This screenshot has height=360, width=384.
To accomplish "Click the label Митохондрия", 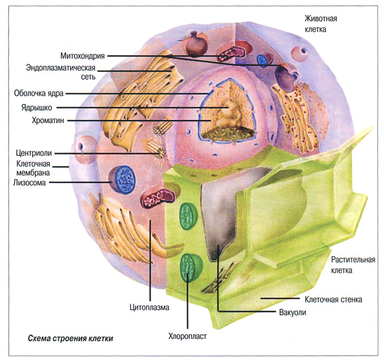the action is tap(82, 56).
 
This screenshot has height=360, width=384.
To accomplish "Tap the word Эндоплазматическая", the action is tap(60, 67).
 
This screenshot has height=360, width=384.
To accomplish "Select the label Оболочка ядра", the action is tap(39, 93).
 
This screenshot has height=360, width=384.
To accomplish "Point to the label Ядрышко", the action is tap(37, 107).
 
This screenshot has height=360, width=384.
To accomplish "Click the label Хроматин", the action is tap(48, 121).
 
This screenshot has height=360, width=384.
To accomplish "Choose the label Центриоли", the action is tap(34, 153).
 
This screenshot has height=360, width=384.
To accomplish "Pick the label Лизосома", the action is tap(30, 182).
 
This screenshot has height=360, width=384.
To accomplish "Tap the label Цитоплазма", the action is tap(149, 307).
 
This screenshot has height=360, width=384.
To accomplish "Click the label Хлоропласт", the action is tap(188, 336).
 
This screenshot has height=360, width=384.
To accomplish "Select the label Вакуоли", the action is tap(292, 312).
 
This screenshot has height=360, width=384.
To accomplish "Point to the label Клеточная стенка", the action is tap(334, 300).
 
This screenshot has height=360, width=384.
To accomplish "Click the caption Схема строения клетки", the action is tap(70, 338).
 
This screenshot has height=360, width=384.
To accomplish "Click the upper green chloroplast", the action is tap(189, 216).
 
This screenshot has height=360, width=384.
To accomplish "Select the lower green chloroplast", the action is tap(191, 267).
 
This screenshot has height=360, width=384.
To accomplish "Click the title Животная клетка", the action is tap(321, 24).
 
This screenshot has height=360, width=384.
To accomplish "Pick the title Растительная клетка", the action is tap(353, 265).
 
